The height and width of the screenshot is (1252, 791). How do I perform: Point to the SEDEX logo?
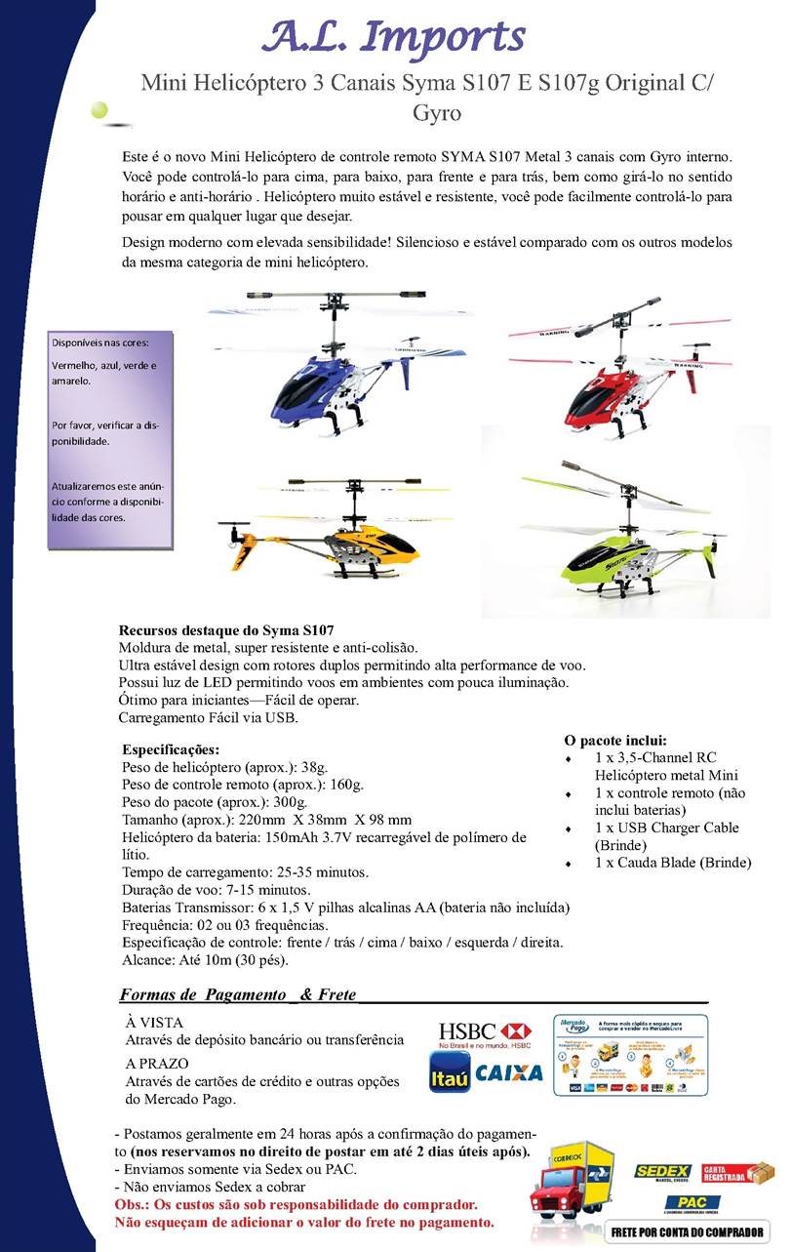[663, 1172]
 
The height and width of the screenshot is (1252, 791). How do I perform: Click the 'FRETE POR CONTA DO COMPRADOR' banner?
[688, 1232]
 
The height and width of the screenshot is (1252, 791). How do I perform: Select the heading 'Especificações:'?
[171, 750]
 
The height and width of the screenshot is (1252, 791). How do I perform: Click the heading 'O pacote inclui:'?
[615, 740]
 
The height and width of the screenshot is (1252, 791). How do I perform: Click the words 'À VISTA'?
[153, 1021]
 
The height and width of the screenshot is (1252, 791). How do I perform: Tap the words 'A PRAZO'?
[157, 1063]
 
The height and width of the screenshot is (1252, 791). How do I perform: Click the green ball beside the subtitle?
[100, 110]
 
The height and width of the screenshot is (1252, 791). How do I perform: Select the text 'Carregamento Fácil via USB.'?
[207, 717]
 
